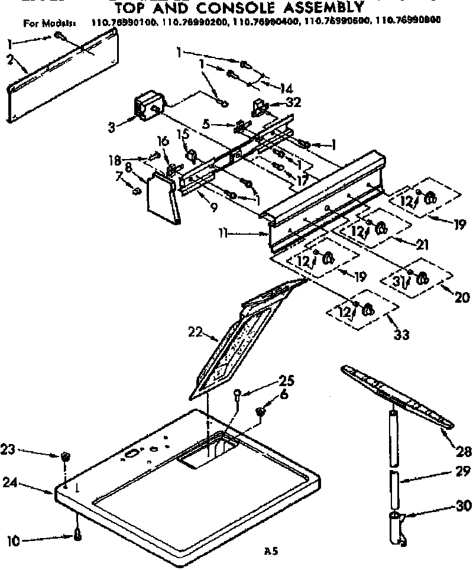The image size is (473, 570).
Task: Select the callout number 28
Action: (464, 452)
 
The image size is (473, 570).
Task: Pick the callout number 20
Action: (462, 297)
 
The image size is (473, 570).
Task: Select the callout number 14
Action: (286, 88)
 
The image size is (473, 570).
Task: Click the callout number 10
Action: (12, 539)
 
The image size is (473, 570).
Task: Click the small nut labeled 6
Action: (261, 412)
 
